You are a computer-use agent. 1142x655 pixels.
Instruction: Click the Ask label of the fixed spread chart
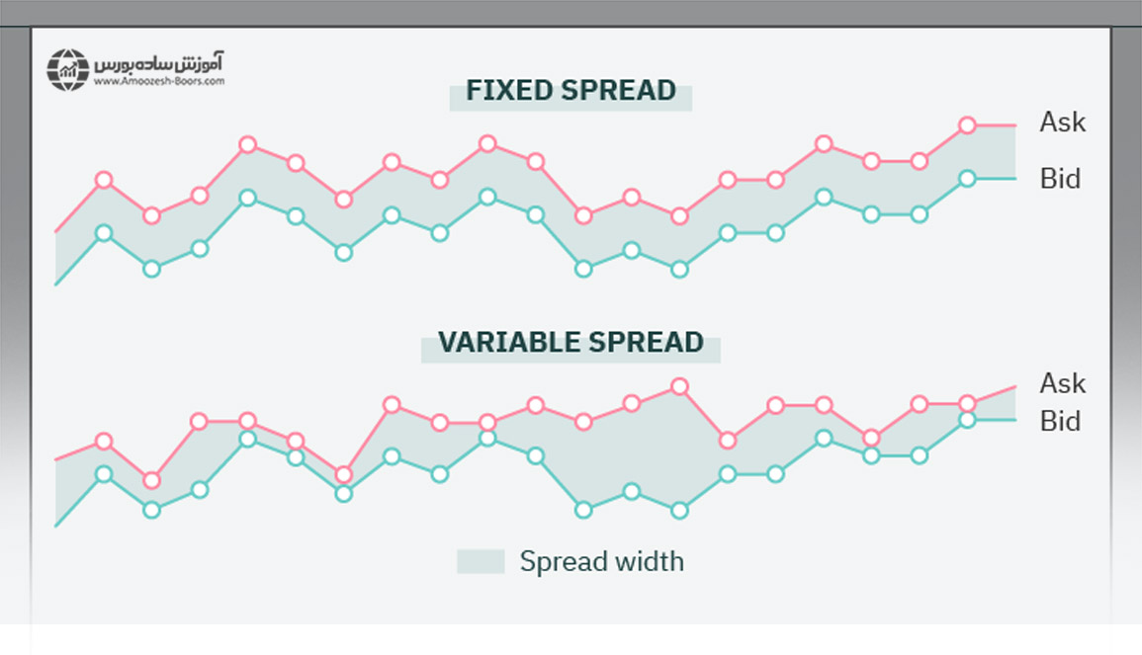(1062, 123)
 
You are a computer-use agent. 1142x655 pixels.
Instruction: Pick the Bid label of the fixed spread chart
(1060, 179)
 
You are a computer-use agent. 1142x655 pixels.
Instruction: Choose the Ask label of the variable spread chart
(1062, 383)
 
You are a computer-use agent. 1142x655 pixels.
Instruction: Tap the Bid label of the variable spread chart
(1060, 422)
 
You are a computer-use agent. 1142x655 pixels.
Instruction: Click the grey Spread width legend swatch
(481, 561)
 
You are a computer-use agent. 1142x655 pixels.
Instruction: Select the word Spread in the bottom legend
(562, 562)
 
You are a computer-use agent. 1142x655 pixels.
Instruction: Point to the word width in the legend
(648, 561)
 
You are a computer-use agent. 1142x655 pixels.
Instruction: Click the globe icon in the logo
(67, 70)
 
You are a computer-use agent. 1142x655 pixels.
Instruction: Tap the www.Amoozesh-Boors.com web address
(159, 82)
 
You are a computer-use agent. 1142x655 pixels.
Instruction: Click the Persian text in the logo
(160, 62)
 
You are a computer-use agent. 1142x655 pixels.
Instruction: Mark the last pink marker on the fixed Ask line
(967, 125)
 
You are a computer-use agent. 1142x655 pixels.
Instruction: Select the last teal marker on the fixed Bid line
(967, 179)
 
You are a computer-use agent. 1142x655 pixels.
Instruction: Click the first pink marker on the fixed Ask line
(104, 180)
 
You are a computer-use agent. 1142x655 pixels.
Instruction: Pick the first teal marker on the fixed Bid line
(104, 233)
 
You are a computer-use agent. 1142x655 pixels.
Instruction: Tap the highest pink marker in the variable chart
(679, 386)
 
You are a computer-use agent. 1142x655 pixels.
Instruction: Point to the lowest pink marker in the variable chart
(151, 480)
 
